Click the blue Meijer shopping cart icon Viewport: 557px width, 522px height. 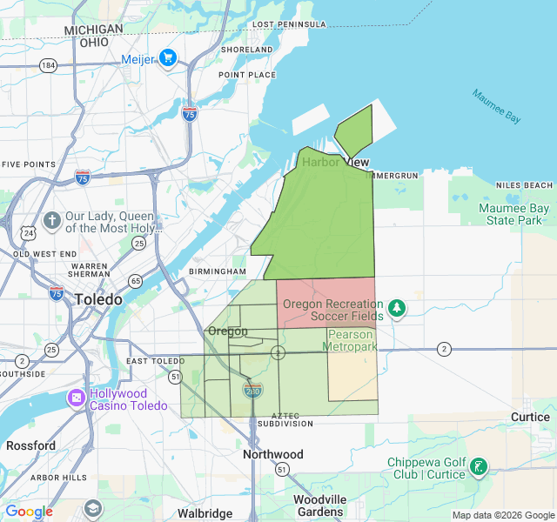point(168,58)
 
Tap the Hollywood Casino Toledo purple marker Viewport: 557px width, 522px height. point(77,398)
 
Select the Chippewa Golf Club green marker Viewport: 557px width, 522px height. point(477,467)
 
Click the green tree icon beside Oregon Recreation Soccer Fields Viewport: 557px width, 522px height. point(397,308)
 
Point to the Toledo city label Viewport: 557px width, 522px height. point(98,298)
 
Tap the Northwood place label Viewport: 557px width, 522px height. point(272,454)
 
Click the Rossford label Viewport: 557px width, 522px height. point(30,445)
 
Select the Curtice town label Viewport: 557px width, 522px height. point(529,417)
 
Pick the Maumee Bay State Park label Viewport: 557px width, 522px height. point(513,214)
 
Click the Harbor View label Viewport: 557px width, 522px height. point(335,162)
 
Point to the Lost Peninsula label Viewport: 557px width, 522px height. point(289,23)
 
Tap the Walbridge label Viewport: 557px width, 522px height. point(205,513)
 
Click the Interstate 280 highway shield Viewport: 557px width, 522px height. point(253,391)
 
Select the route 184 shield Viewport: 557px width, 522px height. point(49,65)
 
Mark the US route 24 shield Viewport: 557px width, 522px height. point(30,232)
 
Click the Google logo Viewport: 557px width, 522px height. point(29,512)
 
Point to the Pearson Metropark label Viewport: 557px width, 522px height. point(350,340)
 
